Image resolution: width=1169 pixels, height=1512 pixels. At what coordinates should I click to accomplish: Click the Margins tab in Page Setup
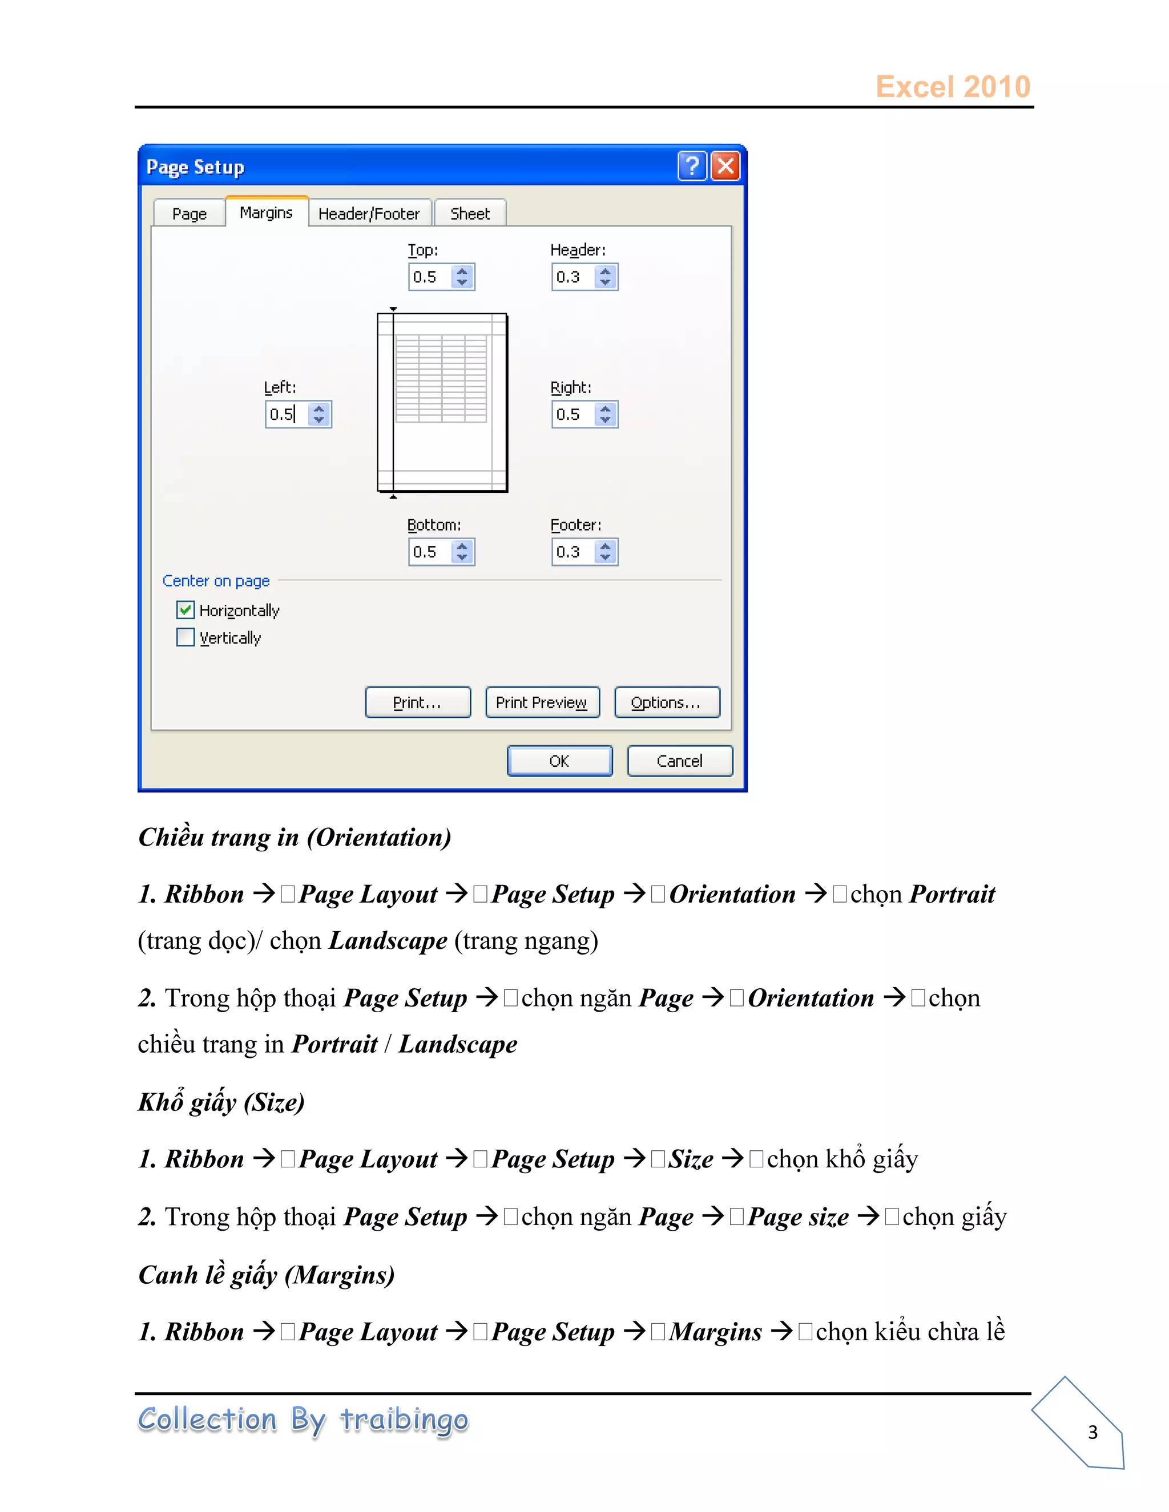click(x=266, y=213)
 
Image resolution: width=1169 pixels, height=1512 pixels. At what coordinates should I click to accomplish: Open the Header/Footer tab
click(x=369, y=214)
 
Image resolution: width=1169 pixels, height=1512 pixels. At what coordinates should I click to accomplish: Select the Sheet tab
click(x=470, y=214)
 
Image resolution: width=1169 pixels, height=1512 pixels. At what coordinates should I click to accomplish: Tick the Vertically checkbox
click(x=186, y=637)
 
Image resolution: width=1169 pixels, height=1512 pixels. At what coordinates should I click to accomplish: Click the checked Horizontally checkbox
click(x=186, y=610)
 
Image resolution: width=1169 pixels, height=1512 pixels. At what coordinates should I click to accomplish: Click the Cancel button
click(x=679, y=761)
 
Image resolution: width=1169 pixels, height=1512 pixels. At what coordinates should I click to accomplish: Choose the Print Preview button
click(x=542, y=703)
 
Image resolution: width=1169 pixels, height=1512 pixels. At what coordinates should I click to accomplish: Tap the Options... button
click(x=666, y=703)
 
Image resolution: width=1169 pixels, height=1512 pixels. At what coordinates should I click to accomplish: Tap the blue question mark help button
click(x=692, y=166)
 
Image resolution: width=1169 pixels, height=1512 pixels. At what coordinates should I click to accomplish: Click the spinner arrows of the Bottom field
click(x=462, y=552)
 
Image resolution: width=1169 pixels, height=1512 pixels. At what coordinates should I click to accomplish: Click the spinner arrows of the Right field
click(x=605, y=415)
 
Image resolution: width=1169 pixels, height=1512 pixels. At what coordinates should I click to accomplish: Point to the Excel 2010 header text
click(x=952, y=87)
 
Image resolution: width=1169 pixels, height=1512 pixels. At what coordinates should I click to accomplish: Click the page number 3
click(x=1092, y=1432)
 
